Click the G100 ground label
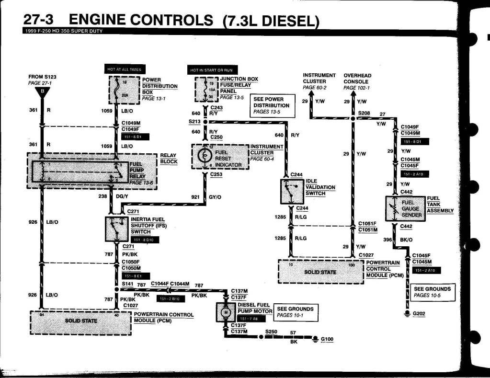pos(327,339)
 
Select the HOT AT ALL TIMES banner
pos(126,69)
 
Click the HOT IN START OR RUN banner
pos(211,70)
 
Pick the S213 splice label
pos(194,122)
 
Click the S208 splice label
pos(364,114)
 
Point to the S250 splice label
pos(271,331)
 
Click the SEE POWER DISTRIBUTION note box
pos(271,105)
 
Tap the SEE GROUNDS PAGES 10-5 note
pos(432,292)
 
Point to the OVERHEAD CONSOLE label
pos(357,81)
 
